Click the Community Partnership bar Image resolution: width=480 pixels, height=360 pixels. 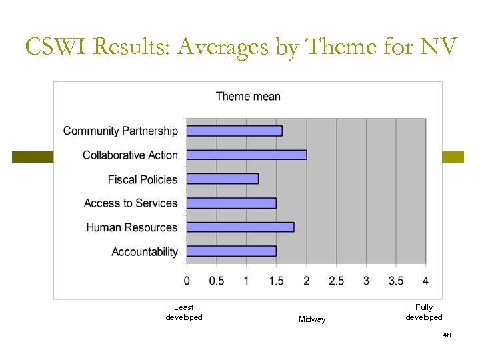point(234,131)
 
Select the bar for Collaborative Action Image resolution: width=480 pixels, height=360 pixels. point(247,155)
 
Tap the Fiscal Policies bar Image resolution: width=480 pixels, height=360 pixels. point(222,179)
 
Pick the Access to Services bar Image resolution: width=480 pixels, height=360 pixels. point(231,203)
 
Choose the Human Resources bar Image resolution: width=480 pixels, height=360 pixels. point(240,227)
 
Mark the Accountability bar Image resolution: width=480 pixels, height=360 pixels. point(231,251)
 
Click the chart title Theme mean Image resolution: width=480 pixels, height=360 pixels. point(248,97)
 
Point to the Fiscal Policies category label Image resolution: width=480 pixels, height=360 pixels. point(143,179)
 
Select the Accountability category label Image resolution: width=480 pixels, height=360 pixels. point(145,252)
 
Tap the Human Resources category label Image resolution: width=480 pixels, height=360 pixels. point(132,227)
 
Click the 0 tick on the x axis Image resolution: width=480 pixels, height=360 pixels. point(187,281)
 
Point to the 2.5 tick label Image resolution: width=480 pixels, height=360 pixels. point(336,281)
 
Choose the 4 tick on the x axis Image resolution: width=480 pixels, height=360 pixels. point(425,281)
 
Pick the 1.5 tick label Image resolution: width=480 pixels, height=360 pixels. point(276,281)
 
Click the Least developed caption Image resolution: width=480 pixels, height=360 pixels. point(183,312)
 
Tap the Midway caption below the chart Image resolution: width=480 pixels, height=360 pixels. point(312,320)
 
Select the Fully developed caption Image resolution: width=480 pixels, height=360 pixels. point(423,312)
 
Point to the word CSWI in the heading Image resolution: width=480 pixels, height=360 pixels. point(57,47)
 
